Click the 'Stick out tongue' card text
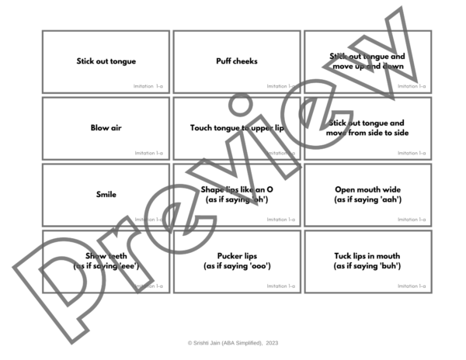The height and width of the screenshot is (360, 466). tap(106, 61)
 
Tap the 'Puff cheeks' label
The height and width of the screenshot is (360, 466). tap(237, 61)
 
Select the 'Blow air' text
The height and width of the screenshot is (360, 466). tap(106, 128)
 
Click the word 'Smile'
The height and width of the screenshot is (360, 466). tap(106, 195)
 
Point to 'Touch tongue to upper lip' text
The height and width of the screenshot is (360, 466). tap(237, 128)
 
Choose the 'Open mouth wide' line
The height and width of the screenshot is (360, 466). tap(367, 189)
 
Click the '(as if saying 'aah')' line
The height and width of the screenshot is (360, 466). tap(367, 200)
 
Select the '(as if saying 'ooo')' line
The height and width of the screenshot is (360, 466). tap(237, 267)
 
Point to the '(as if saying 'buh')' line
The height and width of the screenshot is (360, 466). tap(367, 267)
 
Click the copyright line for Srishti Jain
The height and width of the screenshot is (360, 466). tap(233, 342)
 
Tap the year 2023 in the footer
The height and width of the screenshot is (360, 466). tap(271, 342)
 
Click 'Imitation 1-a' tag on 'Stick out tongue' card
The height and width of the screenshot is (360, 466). tap(148, 86)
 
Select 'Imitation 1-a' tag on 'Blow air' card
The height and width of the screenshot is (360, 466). tap(148, 153)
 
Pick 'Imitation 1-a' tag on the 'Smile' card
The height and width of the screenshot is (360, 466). tap(148, 220)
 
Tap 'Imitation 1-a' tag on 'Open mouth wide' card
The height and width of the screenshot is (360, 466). tap(411, 220)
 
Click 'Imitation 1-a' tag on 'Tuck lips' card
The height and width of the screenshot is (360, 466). tap(411, 286)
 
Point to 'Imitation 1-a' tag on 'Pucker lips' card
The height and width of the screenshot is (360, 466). tap(280, 286)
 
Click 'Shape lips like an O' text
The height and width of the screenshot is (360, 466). tap(237, 189)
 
